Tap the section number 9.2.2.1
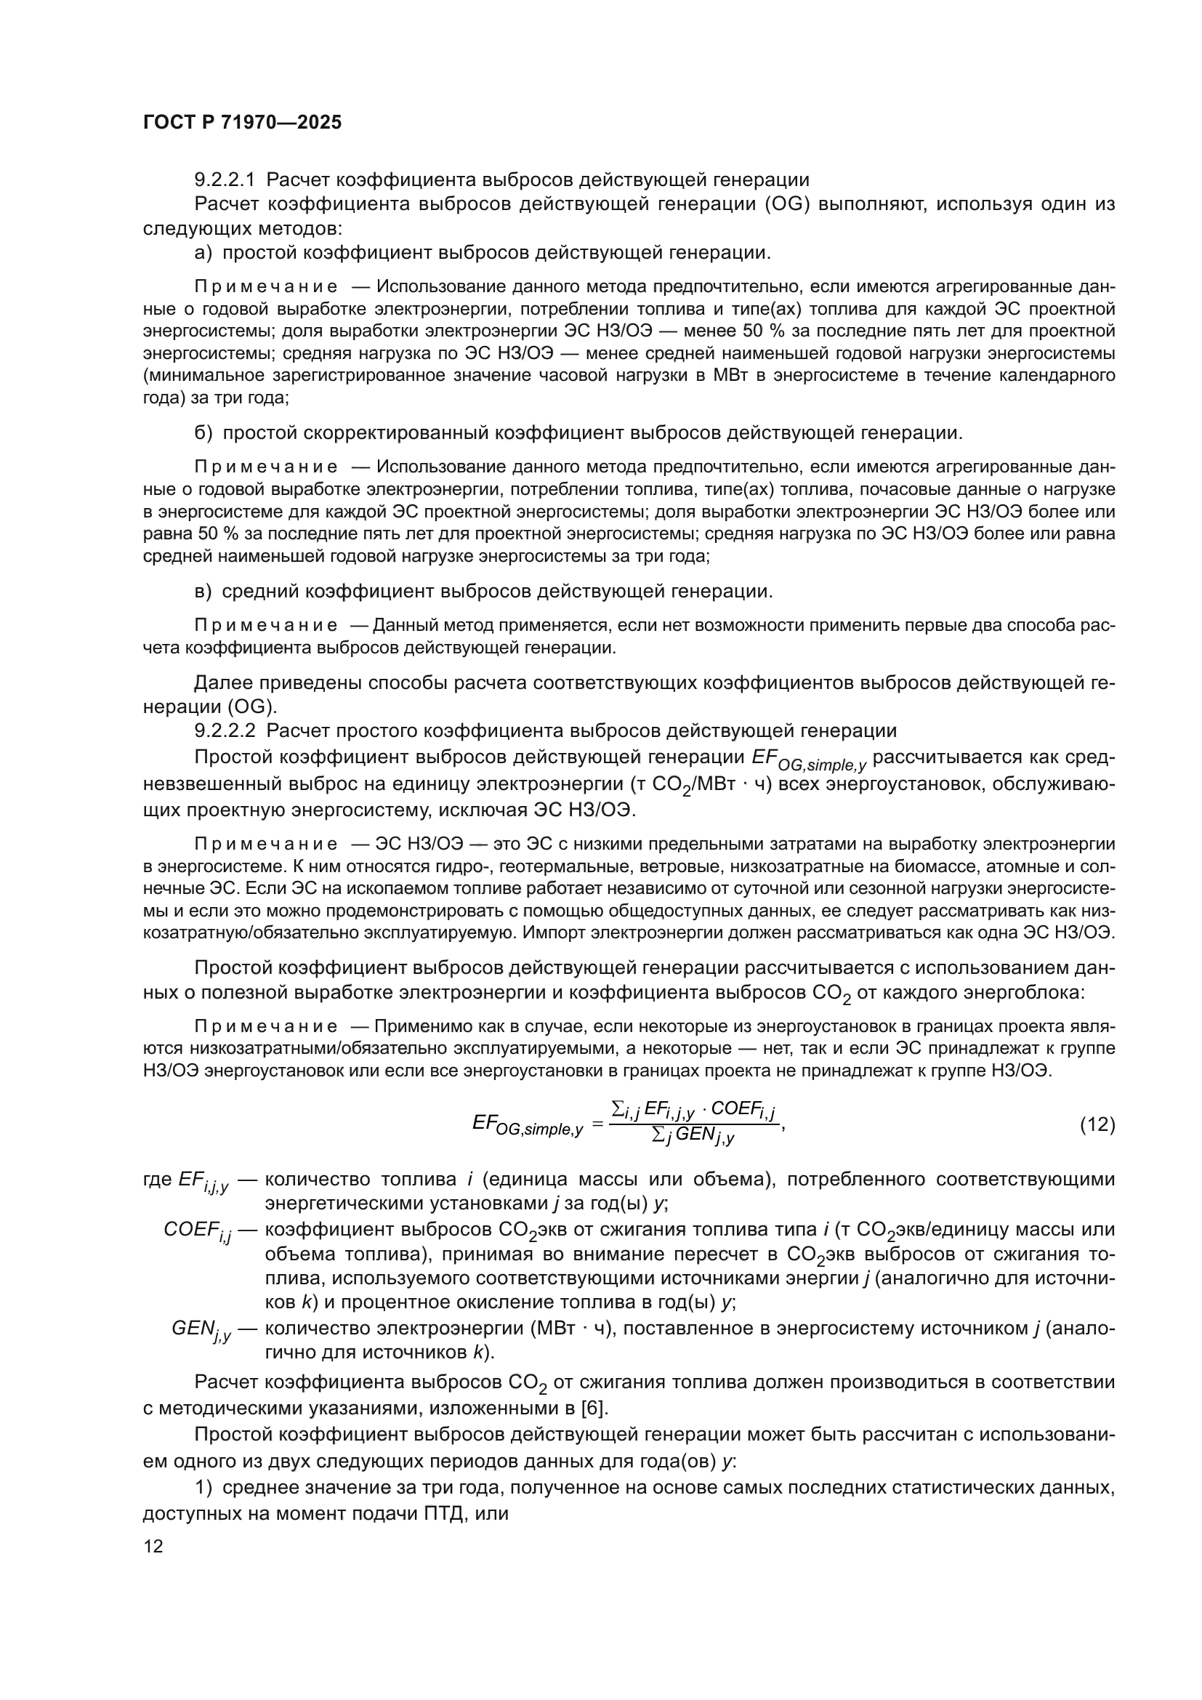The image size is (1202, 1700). (225, 180)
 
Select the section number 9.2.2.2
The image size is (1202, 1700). (225, 730)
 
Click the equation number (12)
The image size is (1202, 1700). (1097, 1124)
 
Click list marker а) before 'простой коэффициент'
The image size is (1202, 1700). (203, 253)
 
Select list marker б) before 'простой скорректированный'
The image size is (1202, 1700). (203, 433)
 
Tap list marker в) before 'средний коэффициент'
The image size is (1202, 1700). (203, 592)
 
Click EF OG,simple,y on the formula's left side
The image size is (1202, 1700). (527, 1125)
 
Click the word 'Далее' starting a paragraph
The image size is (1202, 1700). (219, 682)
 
